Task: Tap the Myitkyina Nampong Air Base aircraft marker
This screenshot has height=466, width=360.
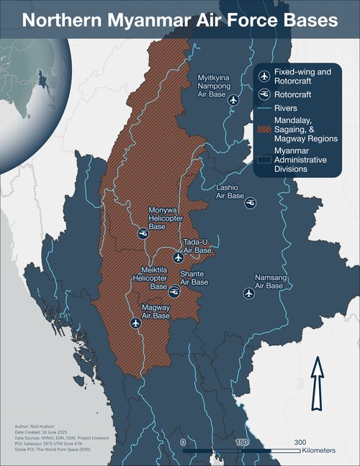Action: coord(233,100)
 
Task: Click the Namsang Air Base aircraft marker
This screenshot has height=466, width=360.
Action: coord(249,292)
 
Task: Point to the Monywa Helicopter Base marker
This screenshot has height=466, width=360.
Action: coord(143,233)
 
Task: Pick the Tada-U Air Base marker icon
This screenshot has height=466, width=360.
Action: coord(179,257)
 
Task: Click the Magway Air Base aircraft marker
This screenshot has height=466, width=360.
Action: coord(135,323)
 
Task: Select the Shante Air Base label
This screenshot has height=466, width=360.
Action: coord(194,278)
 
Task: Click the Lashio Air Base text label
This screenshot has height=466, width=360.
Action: coord(231,191)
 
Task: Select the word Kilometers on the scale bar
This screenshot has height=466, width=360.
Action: coord(320,450)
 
